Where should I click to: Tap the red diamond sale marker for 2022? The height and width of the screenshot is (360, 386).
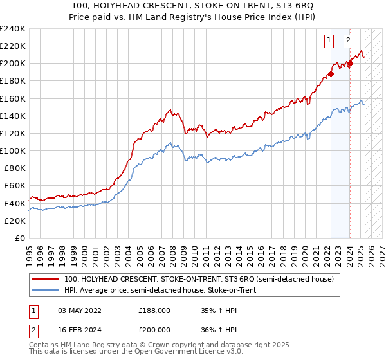pyautogui.click(x=331, y=74)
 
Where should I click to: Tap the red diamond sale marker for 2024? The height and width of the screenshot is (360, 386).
pyautogui.click(x=350, y=63)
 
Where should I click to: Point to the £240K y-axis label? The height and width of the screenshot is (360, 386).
pyautogui.click(x=13, y=29)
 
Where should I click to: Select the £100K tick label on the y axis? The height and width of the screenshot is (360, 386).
pyautogui.click(x=13, y=150)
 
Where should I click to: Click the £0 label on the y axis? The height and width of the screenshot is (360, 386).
pyautogui.click(x=21, y=238)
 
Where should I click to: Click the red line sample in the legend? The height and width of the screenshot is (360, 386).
pyautogui.click(x=44, y=280)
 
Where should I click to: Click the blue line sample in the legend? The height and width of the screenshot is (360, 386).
pyautogui.click(x=44, y=291)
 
